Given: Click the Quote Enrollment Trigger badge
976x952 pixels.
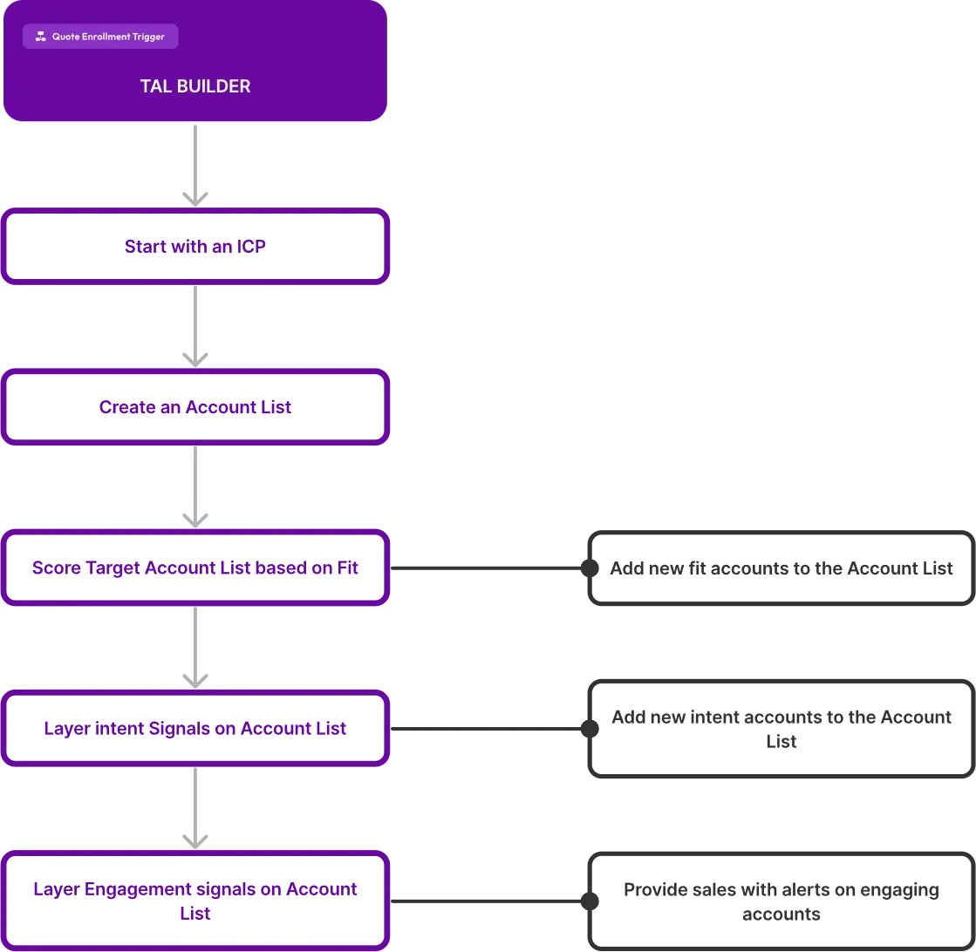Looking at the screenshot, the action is pos(100,36).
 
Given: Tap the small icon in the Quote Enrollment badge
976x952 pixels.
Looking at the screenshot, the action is pos(40,37).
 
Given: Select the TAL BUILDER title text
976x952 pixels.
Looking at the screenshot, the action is pos(195,85).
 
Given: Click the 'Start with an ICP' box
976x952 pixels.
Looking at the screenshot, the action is pos(195,247).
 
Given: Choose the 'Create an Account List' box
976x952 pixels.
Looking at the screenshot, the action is pos(195,407).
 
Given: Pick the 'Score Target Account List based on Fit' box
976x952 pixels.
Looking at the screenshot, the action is pos(195,568).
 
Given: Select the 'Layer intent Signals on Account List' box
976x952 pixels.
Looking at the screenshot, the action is pos(195,728).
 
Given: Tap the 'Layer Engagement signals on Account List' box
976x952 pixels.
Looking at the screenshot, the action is pos(195,901).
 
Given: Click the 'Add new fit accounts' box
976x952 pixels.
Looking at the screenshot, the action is pos(781,568).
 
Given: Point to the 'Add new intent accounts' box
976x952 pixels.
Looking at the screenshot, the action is pos(781,729).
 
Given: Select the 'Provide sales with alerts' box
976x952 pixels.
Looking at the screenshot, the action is pos(781,901).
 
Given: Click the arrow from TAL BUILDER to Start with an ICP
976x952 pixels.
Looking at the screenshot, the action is pos(195,166).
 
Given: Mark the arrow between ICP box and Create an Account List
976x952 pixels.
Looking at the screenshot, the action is pos(195,327).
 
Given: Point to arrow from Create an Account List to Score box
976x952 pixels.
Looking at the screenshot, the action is pos(195,487).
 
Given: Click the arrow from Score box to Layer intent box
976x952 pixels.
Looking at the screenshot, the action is pos(195,648).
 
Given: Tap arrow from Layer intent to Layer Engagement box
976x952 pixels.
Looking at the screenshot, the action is pos(195,808).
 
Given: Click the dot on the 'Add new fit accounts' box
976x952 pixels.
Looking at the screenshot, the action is pos(590,568).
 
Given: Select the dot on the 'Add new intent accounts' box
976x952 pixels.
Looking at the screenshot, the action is pos(590,729).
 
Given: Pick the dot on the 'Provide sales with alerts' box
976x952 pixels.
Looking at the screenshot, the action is pos(590,901).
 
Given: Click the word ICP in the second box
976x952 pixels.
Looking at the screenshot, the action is pos(251,247).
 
